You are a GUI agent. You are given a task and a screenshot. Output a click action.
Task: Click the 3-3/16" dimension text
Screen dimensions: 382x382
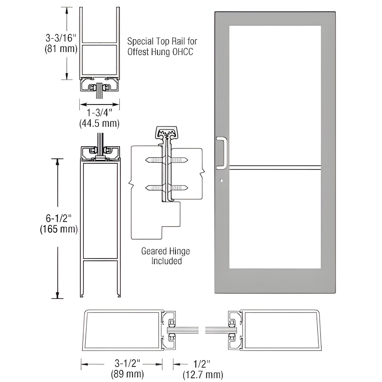pos(61,38)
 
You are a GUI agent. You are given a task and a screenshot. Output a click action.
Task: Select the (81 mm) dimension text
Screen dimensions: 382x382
pos(61,49)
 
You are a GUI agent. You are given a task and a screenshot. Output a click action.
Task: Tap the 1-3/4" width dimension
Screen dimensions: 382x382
pos(99,113)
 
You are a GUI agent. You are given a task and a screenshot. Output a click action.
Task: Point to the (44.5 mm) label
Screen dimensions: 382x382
pos(99,123)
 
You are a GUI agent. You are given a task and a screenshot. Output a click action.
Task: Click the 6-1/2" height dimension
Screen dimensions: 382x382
pos(59,218)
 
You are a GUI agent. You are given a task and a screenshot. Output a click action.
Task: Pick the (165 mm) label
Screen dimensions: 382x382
pos(59,229)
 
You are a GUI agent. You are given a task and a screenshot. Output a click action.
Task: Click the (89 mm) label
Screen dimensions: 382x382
pos(127,374)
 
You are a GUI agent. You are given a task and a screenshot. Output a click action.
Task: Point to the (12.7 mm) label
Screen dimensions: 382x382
pos(203,375)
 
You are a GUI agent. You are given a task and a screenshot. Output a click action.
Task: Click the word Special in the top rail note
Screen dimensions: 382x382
pos(140,42)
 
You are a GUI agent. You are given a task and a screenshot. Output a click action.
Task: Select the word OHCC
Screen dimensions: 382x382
pos(183,52)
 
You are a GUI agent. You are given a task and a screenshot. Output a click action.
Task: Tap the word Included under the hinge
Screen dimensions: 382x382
pos(167,261)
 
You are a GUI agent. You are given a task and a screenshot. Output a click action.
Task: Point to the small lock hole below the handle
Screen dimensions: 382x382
pos(222,181)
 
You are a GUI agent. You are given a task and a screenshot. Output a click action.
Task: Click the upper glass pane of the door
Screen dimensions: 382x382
pos(275,95)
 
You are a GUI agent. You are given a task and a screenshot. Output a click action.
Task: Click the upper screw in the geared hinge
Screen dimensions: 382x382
pos(167,160)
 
